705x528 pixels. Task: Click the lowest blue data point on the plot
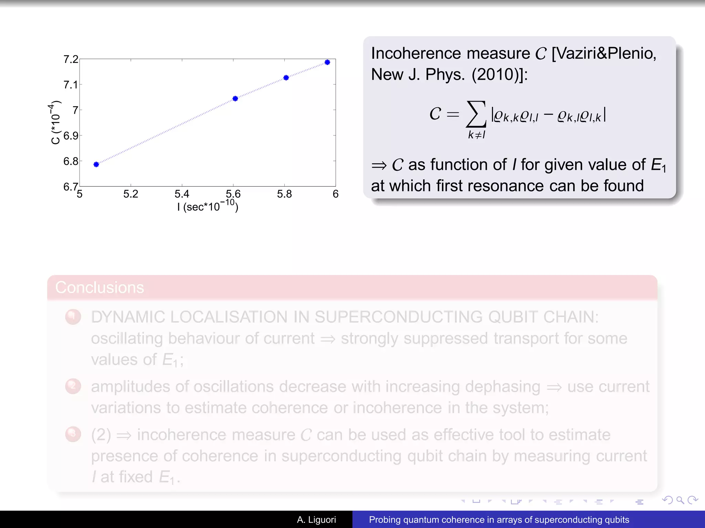(x=96, y=164)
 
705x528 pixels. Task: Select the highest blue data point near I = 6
(x=327, y=62)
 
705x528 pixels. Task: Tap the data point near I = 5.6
(x=235, y=99)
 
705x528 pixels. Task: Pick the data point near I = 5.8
(x=286, y=78)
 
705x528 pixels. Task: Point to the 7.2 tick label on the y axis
(x=71, y=59)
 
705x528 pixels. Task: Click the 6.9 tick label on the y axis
(x=71, y=135)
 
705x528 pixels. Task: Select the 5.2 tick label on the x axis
(x=130, y=194)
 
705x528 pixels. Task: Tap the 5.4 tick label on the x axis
(x=182, y=194)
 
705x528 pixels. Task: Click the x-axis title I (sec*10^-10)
(x=208, y=206)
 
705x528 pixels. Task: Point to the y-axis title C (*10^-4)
(x=55, y=123)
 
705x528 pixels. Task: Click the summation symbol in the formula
(x=476, y=114)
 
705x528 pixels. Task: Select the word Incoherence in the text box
(x=416, y=54)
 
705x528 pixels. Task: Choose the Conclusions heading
(x=99, y=287)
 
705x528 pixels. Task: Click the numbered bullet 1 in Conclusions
(x=73, y=317)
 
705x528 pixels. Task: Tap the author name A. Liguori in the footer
(x=316, y=520)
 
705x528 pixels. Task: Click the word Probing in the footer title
(x=385, y=520)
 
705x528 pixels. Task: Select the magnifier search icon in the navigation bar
(x=680, y=500)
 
